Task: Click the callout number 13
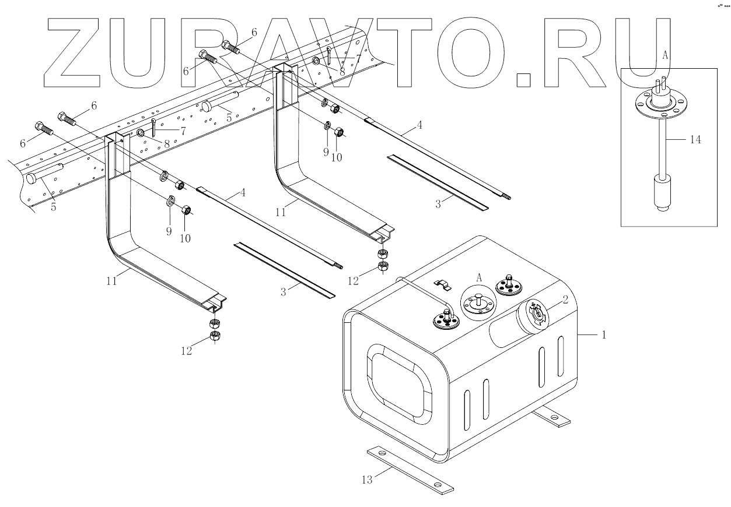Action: (x=367, y=479)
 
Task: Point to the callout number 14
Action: (x=695, y=139)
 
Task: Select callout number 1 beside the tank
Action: (x=604, y=335)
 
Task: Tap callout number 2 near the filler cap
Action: (x=564, y=300)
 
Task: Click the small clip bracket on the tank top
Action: (x=445, y=285)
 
